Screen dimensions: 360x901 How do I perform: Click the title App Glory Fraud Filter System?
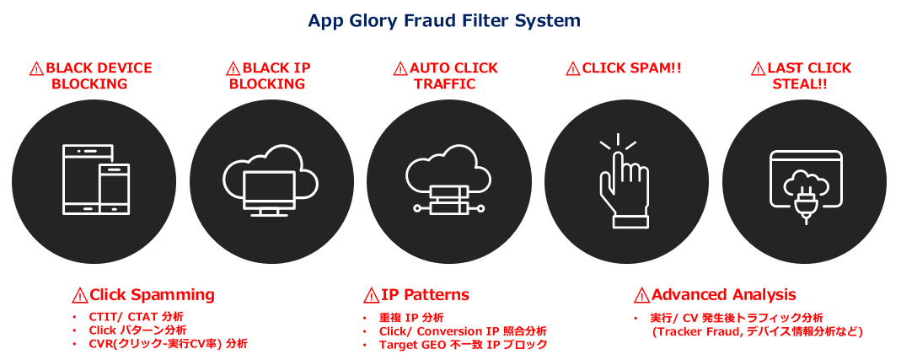tap(444, 20)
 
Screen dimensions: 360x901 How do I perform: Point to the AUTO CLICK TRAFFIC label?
tap(445, 76)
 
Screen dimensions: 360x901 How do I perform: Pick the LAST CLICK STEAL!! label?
tap(799, 76)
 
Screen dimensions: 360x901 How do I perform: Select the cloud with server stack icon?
tap(447, 181)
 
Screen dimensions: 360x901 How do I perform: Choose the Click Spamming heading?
tap(152, 295)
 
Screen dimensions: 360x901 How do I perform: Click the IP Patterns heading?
tap(425, 295)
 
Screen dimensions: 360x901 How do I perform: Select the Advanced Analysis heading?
tap(723, 295)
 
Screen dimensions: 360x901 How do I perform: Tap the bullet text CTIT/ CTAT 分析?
tap(136, 317)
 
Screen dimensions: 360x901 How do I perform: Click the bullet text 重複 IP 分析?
tap(411, 318)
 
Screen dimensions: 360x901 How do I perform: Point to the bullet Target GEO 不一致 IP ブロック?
tap(463, 345)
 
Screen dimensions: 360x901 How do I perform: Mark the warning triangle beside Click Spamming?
tap(80, 295)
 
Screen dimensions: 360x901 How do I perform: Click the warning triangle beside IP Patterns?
tap(371, 295)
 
